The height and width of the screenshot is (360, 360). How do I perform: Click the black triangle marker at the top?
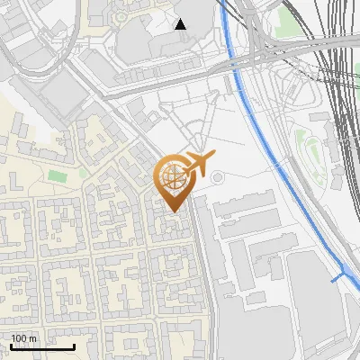tap(181, 23)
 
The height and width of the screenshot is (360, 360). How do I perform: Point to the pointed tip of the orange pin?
tap(174, 212)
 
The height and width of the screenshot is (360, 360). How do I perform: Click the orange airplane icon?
tap(199, 163)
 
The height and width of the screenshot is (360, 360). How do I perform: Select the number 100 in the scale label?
tap(19, 338)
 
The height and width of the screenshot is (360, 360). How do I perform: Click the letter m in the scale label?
tap(33, 338)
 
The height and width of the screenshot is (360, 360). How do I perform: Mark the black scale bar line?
tap(42, 346)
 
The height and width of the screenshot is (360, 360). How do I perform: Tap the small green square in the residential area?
tap(58, 175)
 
